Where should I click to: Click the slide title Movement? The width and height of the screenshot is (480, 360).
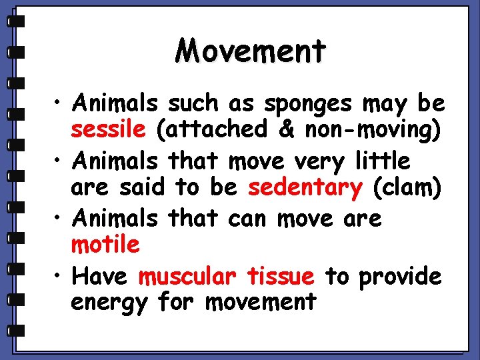pyautogui.click(x=251, y=51)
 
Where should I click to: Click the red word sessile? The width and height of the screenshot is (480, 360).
pyautogui.click(x=107, y=129)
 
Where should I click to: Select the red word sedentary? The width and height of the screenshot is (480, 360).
pyautogui.click(x=304, y=187)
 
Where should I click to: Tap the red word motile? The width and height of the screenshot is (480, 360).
pyautogui.click(x=105, y=245)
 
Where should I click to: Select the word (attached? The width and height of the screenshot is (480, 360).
pyautogui.click(x=205, y=129)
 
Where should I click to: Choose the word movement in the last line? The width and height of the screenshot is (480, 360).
pyautogui.click(x=261, y=302)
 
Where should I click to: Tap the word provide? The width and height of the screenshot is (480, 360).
pyautogui.click(x=400, y=277)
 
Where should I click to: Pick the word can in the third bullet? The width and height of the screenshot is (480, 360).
pyautogui.click(x=249, y=218)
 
